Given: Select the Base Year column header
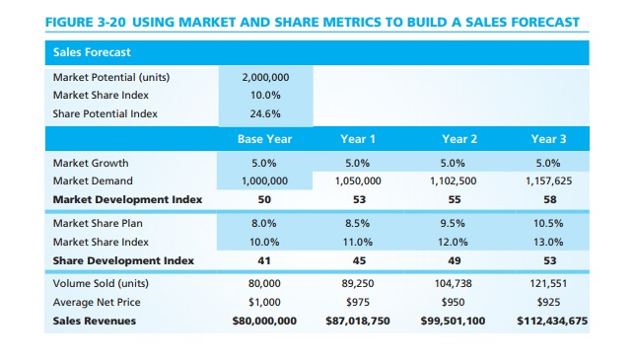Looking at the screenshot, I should pos(263,139).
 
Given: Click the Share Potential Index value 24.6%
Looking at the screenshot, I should pos(263,113).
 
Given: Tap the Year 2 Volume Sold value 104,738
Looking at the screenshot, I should pos(455,284).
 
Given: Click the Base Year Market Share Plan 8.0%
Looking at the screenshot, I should pos(263,223).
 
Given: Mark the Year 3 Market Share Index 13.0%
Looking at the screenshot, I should pos(549,242).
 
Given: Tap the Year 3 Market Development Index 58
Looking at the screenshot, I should pos(549,199).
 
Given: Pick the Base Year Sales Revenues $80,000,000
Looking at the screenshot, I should pos(263,321).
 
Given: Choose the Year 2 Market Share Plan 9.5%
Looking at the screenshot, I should pos(455,223).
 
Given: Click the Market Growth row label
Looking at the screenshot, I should pos(92,163).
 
